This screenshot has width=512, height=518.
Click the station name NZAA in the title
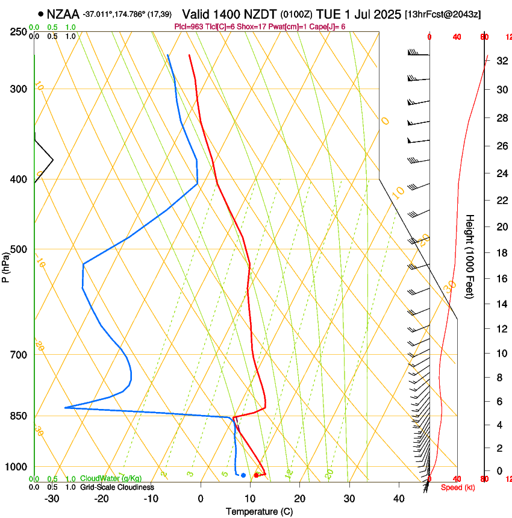coord(63,14)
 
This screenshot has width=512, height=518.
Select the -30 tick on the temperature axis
coord(52,498)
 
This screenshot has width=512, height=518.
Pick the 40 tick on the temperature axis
coord(399,498)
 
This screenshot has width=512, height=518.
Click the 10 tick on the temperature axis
coord(250,498)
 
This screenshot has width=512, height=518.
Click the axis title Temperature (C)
coord(259,511)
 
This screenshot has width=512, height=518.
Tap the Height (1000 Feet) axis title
coord(470,256)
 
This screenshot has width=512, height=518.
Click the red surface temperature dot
coord(257,475)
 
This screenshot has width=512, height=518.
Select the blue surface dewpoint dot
coord(243,475)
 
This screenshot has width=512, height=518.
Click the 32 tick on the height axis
coord(500,61)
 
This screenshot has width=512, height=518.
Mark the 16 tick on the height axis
coord(500,279)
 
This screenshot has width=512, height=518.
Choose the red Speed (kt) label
coord(458,487)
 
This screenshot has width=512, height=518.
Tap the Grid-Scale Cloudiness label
coord(117,487)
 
